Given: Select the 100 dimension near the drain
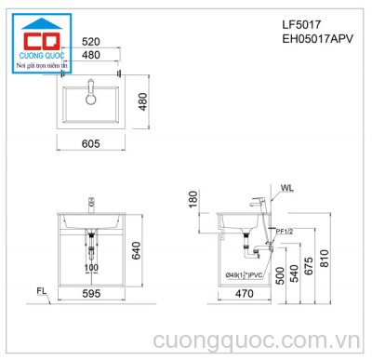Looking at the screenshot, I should (x=91, y=268).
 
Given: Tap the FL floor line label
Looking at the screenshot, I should (x=43, y=291).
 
